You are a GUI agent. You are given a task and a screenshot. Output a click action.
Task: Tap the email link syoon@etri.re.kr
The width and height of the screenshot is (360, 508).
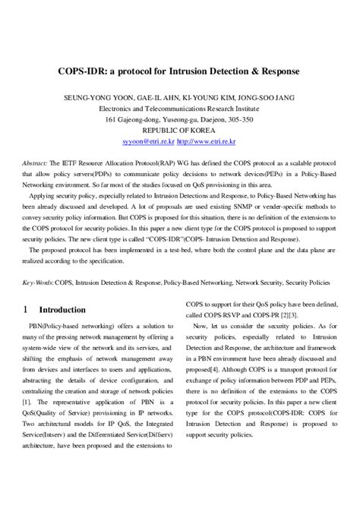149,142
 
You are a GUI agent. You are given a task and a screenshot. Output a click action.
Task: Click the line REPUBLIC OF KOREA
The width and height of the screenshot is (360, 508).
179,131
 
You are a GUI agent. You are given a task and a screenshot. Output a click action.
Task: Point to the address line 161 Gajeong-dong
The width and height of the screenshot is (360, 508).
179,119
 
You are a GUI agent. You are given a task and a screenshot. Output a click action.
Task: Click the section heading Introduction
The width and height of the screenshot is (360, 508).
62,310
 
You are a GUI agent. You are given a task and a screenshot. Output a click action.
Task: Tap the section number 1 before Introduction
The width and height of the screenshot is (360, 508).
27,310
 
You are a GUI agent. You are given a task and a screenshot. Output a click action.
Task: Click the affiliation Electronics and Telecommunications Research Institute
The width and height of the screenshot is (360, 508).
179,109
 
